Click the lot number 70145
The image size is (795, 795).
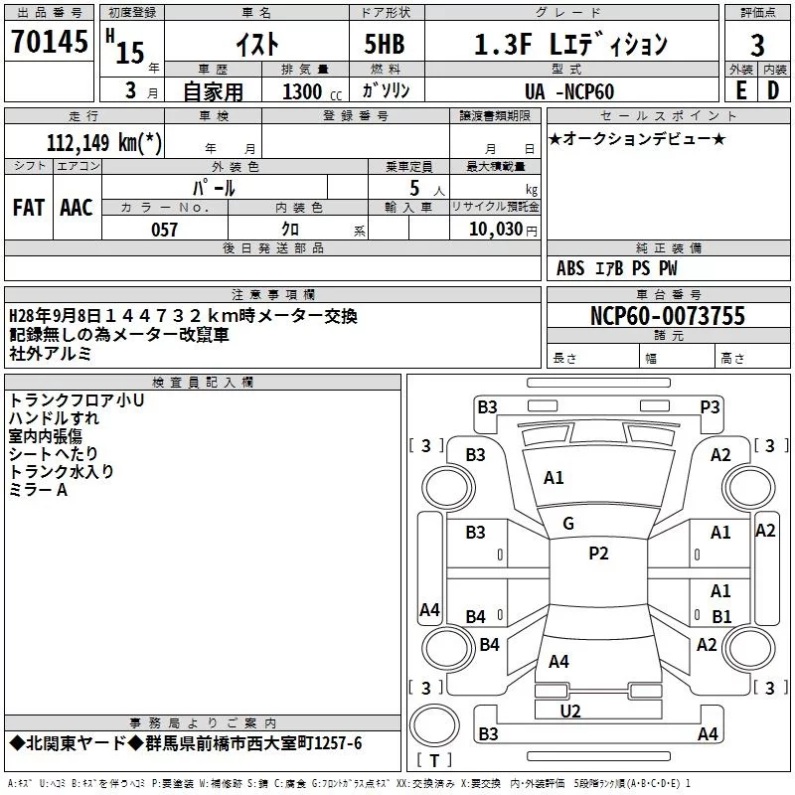tap(50, 42)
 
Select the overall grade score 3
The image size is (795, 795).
tap(757, 45)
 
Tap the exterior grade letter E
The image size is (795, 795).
tap(740, 90)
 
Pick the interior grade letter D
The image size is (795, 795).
tap(773, 90)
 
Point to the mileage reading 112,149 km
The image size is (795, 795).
tap(104, 142)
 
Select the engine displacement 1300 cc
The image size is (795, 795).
tap(302, 91)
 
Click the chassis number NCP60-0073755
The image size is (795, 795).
tap(667, 317)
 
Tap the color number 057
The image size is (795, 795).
tap(164, 230)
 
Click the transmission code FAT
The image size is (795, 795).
tap(28, 207)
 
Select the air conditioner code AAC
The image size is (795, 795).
tap(76, 207)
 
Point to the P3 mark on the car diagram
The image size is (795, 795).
tap(710, 405)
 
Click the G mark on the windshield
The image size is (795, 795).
tap(568, 524)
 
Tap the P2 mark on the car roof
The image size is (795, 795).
tap(598, 554)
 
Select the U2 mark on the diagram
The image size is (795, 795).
tap(570, 710)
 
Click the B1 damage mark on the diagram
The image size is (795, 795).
tap(721, 616)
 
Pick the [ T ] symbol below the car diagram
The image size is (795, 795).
tap(434, 761)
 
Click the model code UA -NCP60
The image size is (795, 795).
tap(569, 91)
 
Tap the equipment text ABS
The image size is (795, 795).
tap(570, 268)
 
